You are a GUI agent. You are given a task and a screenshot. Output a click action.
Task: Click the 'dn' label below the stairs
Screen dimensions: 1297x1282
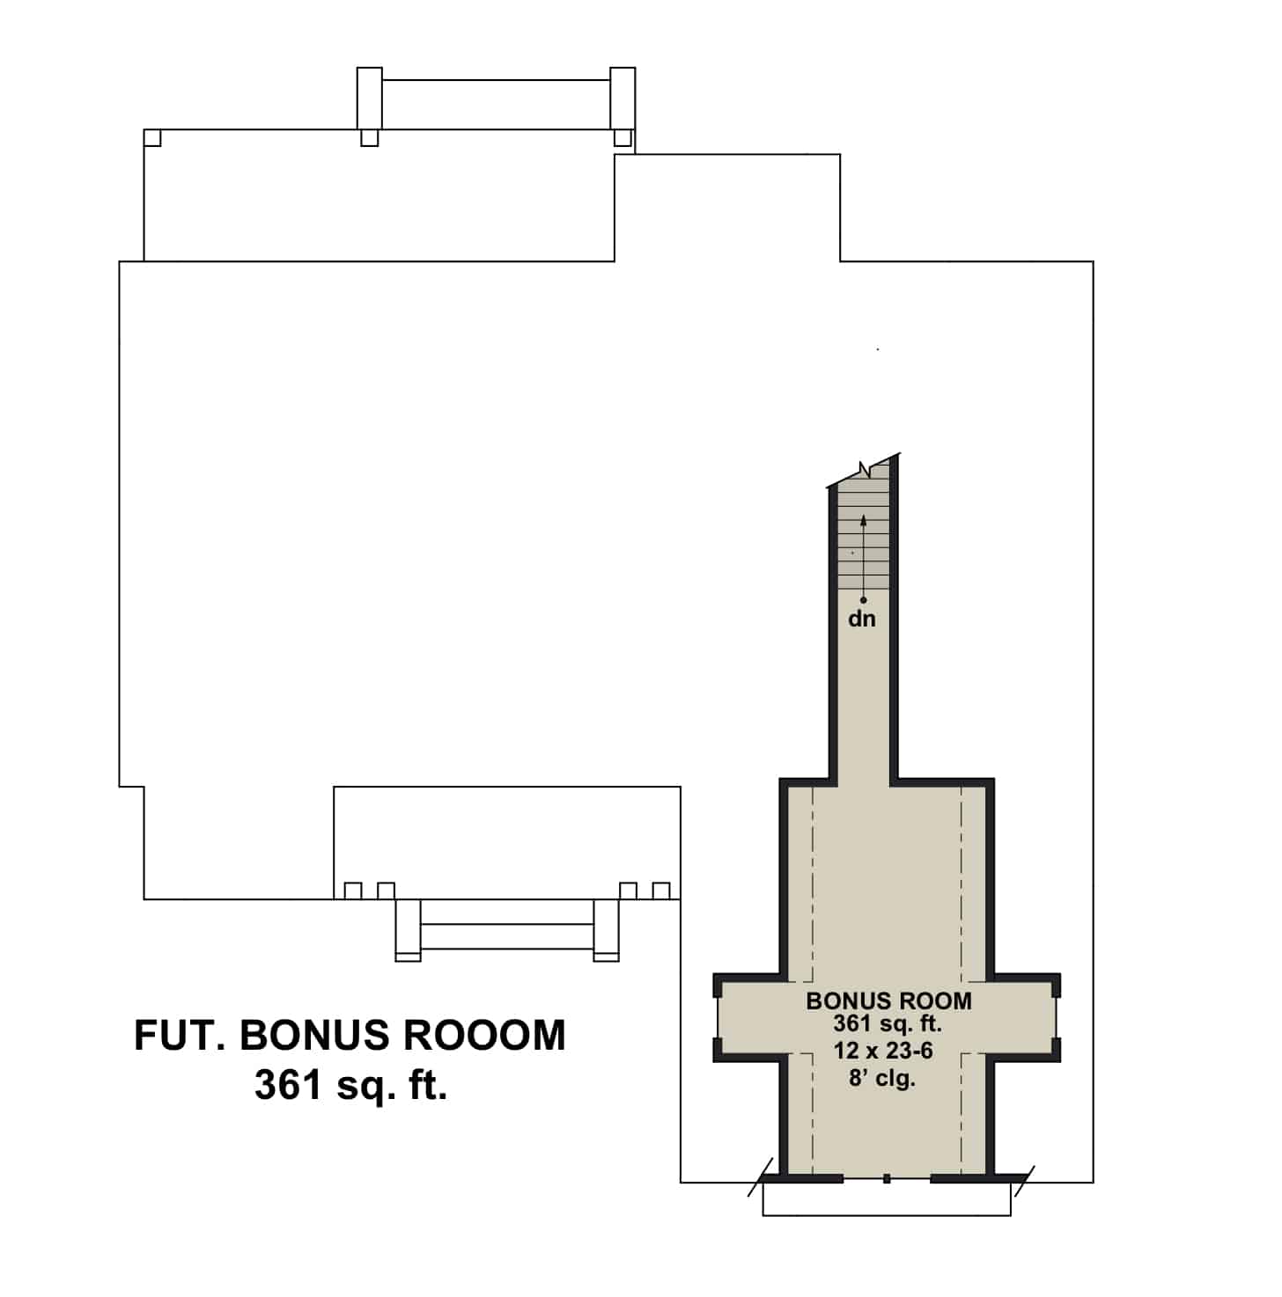point(862,619)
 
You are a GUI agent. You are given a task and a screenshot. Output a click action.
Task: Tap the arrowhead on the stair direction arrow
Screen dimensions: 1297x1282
point(863,520)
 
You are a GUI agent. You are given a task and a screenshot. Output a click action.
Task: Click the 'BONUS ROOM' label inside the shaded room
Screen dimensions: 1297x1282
point(888,1000)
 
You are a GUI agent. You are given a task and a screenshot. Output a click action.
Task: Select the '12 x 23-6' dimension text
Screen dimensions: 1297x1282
point(883,1051)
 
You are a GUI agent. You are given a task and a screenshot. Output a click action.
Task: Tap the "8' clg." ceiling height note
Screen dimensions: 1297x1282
point(882,1078)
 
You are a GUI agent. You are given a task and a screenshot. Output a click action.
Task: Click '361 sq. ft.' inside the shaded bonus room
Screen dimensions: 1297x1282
point(887,1024)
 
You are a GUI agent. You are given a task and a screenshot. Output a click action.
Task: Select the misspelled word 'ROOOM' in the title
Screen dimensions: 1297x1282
point(484,1036)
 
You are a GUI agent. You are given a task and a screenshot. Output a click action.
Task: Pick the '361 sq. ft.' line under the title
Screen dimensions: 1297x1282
point(350,1086)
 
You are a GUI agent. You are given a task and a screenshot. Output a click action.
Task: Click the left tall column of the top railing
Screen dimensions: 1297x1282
point(369,98)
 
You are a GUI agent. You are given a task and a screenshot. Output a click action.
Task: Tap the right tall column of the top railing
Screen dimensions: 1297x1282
point(623,98)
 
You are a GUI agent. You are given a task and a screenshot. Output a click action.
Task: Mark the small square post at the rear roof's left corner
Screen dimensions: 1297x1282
point(152,138)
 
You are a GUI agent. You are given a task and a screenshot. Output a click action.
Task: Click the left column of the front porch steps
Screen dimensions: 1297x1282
point(408,929)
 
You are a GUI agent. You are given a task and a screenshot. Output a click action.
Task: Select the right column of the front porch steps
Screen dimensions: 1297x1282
point(606,929)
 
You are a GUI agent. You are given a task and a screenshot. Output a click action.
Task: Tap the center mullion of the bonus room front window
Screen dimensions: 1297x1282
point(887,1178)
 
